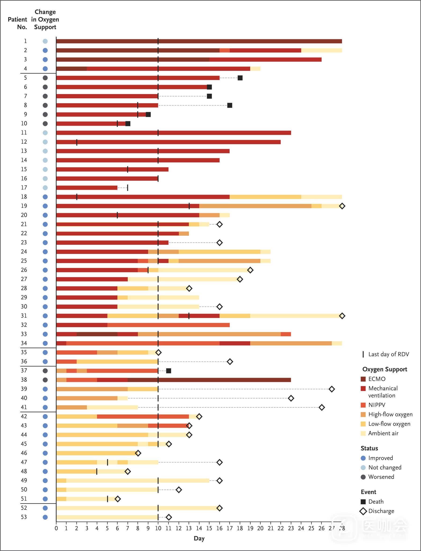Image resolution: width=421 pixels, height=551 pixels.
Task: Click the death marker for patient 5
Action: click(x=240, y=78)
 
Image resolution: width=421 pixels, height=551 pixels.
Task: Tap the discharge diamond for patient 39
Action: click(x=332, y=389)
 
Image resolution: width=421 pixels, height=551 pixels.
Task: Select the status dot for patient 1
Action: click(x=45, y=41)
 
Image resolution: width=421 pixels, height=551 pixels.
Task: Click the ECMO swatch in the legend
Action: click(x=363, y=379)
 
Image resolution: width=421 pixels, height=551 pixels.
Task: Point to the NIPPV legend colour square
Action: click(x=363, y=405)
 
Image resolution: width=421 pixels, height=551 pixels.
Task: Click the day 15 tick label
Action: click(x=209, y=528)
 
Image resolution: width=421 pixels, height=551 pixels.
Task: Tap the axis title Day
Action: click(x=199, y=538)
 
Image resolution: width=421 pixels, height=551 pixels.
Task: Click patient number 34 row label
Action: click(x=24, y=343)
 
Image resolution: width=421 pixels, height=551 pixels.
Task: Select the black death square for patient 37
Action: click(x=169, y=371)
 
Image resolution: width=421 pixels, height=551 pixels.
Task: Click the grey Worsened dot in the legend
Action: click(x=363, y=477)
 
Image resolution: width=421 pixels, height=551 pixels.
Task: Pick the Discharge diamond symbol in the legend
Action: click(x=363, y=511)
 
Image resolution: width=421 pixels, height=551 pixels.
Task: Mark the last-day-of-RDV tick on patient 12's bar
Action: click(x=77, y=142)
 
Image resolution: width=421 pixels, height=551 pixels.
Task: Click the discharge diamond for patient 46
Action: click(x=138, y=453)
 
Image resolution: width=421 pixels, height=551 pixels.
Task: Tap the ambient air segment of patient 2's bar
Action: click(x=321, y=50)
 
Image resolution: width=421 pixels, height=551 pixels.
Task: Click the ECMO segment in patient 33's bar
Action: click(x=97, y=334)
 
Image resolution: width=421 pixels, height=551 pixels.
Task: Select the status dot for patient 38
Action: click(x=45, y=380)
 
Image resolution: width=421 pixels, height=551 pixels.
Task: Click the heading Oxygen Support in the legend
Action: click(x=385, y=369)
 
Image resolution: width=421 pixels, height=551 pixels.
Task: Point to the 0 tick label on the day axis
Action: click(x=56, y=528)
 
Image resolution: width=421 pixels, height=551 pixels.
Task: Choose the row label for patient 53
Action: click(x=24, y=517)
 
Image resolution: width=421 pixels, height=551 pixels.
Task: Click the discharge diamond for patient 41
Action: click(x=322, y=407)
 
